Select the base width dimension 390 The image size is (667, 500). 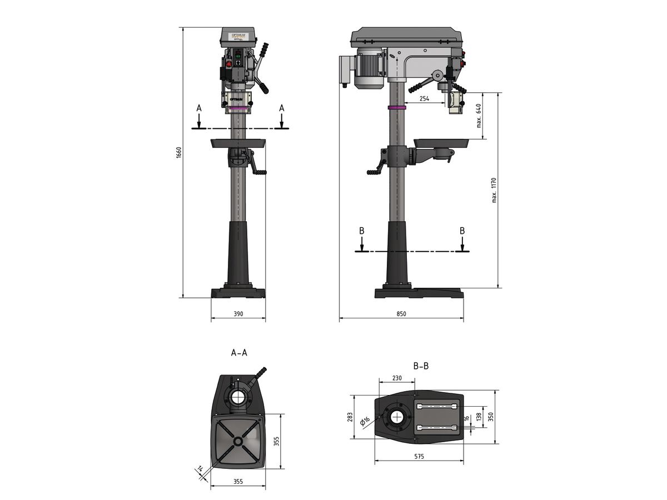(238, 314)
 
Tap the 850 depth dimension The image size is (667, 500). (401, 314)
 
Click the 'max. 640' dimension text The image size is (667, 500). (479, 116)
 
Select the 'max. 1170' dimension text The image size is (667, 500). (494, 190)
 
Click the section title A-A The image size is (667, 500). (239, 353)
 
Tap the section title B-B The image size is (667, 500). (421, 366)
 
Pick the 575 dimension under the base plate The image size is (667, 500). (419, 456)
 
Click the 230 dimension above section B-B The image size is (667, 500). (397, 378)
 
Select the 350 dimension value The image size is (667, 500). (491, 417)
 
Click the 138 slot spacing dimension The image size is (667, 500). (478, 417)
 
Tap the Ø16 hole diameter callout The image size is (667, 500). (365, 422)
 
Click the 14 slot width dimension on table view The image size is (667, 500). (200, 470)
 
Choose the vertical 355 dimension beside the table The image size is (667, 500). (276, 442)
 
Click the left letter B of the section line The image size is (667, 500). (362, 231)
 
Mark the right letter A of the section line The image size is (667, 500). (282, 107)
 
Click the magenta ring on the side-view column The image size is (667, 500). (396, 107)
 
